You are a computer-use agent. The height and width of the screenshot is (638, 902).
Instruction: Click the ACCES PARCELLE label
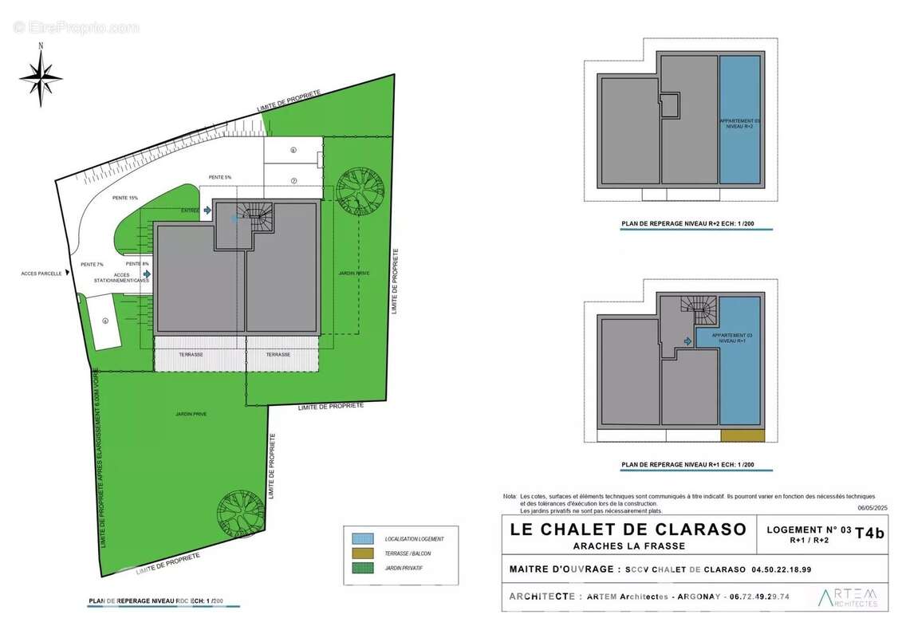[x=42, y=273]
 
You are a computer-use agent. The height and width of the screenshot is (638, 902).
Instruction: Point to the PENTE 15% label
[x=125, y=198]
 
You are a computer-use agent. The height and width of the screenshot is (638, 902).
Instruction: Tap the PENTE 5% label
[x=219, y=177]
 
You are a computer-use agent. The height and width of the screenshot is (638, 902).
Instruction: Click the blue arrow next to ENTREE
[x=207, y=211]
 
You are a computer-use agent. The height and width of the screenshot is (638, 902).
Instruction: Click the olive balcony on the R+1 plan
[x=742, y=435]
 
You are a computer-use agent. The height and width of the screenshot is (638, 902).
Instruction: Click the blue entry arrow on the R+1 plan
[x=687, y=341]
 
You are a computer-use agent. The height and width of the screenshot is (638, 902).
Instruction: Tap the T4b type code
[x=869, y=535]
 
